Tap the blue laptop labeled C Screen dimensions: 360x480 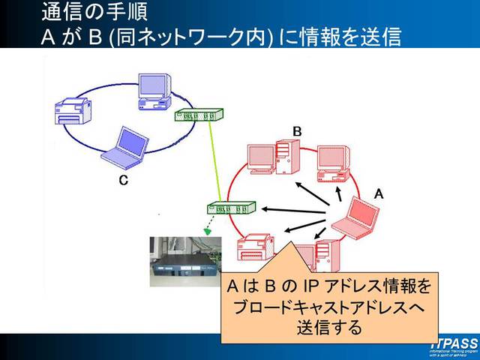coord(122,147)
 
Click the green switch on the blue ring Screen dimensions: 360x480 coord(198,115)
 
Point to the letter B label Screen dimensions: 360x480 coord(297,131)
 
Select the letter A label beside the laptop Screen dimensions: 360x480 coord(379,193)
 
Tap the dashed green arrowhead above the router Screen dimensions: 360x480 coord(208,230)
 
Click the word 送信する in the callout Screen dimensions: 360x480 coord(329,328)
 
